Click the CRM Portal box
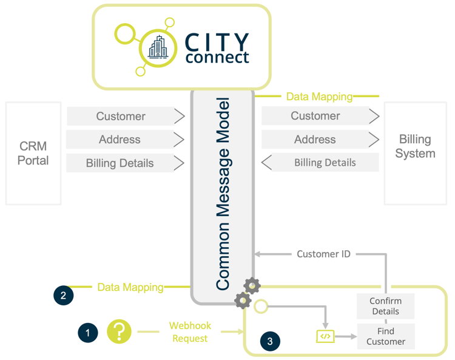click(33, 153)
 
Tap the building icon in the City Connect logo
click(158, 47)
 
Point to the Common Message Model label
click(223, 193)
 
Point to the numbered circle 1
click(88, 332)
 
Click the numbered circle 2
click(64, 296)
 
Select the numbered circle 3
click(270, 341)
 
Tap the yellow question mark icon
click(120, 331)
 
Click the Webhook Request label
click(190, 332)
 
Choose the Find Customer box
click(385, 336)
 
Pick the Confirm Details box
click(385, 306)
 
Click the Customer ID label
click(323, 254)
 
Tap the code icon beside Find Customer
click(326, 336)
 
